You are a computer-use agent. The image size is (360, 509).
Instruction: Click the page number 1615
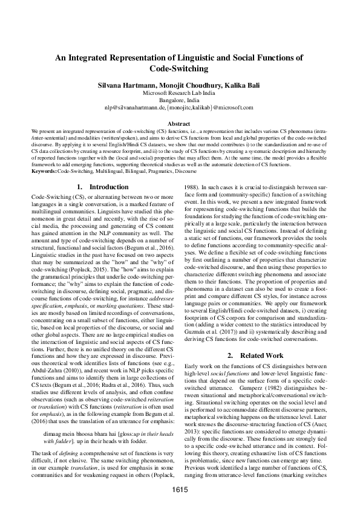tap(180, 488)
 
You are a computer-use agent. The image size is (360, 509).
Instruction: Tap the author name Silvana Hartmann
tap(125, 86)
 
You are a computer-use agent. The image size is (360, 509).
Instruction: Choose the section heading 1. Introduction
tap(102, 187)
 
